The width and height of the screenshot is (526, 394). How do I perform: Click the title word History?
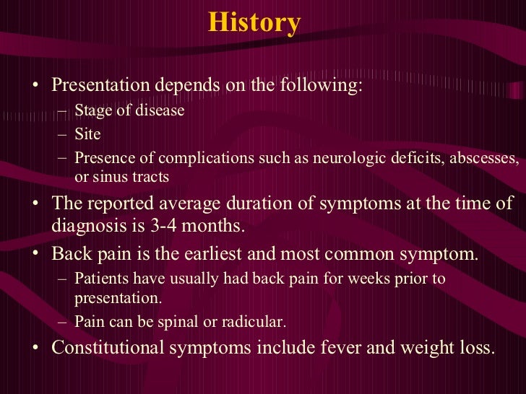click(x=254, y=23)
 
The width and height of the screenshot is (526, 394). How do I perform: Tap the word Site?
click(x=87, y=134)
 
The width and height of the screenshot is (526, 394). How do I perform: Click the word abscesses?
click(x=486, y=158)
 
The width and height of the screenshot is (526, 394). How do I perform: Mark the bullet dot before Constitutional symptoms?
click(x=36, y=348)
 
